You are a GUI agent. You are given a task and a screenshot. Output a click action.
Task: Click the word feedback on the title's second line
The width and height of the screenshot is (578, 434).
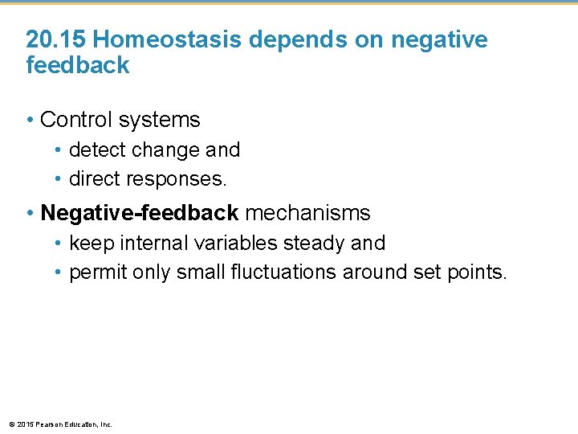tap(77, 65)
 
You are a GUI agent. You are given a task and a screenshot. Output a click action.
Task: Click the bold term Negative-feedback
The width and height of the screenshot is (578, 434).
tap(139, 213)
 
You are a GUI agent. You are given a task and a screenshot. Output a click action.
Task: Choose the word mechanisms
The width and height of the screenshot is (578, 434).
tap(307, 213)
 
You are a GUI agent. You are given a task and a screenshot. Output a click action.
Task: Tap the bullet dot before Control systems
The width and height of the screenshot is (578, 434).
tap(30, 121)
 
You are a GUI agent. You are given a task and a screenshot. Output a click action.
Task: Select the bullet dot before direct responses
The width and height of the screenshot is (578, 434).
tap(59, 178)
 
